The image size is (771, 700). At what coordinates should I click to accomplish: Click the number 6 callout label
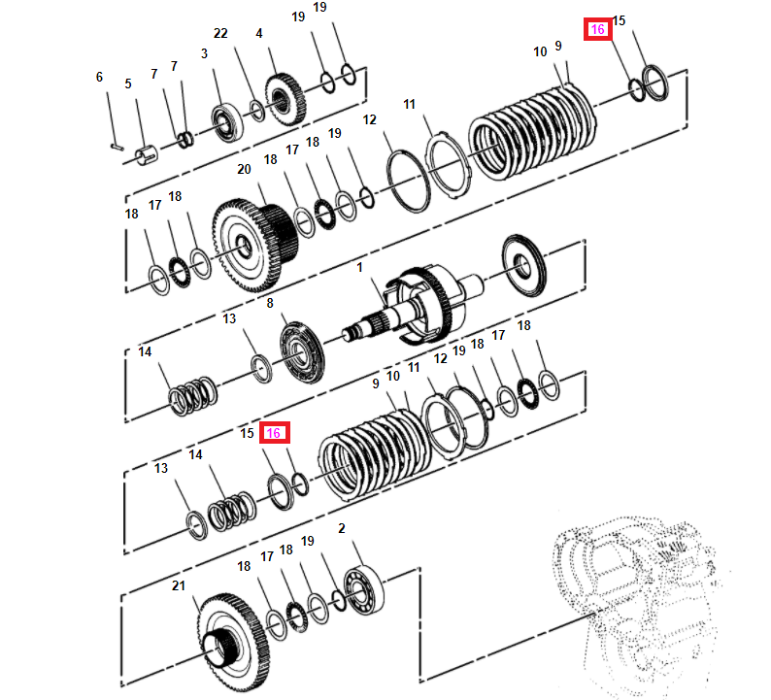98,77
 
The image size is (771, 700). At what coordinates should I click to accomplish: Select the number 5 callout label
127,84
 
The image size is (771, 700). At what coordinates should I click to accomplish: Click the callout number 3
204,54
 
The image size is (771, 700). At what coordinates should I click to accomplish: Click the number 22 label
220,34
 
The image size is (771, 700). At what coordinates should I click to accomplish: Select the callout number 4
258,34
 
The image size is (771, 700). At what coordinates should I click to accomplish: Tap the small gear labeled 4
284,101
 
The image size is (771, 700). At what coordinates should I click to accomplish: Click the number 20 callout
244,169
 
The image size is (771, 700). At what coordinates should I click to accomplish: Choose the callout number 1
359,267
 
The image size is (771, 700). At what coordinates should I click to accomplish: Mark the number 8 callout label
270,304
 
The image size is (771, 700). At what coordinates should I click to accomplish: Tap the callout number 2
341,528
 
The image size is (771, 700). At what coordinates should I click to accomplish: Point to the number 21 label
177,585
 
